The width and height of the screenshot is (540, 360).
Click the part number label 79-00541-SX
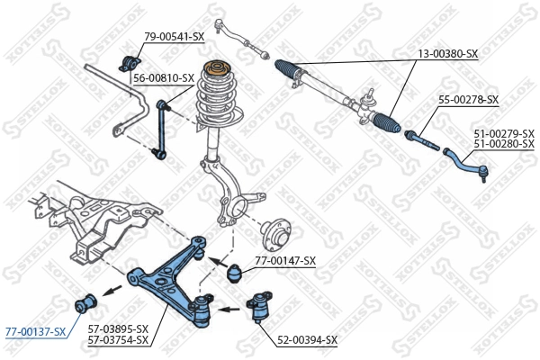[x=175, y=36]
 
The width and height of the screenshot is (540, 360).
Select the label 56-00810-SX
[x=163, y=78]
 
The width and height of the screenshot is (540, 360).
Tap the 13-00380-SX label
[x=447, y=54]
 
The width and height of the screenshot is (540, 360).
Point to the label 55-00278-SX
[x=468, y=99]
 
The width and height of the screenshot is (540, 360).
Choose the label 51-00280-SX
[x=504, y=143]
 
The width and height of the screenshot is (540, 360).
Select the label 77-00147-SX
[x=285, y=261]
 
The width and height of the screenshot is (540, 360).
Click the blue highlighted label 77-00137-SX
[x=35, y=332]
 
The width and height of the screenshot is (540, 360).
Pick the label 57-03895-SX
[x=118, y=329]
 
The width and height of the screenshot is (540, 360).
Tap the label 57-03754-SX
[x=118, y=340]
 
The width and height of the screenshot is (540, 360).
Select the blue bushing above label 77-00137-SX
[x=89, y=300]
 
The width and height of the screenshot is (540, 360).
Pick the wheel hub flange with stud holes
[x=274, y=236]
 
